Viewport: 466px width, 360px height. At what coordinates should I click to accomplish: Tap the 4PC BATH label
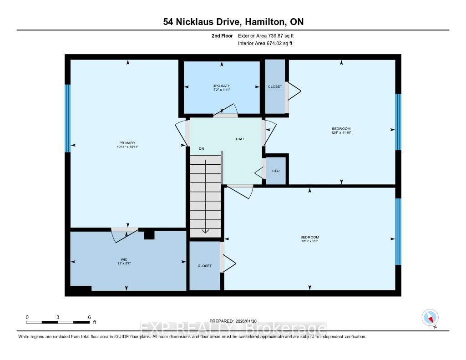tap(222, 86)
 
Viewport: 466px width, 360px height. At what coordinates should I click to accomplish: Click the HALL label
tap(240, 139)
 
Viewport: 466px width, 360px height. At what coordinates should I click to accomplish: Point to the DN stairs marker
tap(201, 148)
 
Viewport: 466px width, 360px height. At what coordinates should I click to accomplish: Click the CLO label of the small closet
tap(276, 171)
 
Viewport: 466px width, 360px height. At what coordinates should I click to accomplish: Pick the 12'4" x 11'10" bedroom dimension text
tap(341, 132)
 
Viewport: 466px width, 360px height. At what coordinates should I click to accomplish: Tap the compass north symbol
tap(430, 318)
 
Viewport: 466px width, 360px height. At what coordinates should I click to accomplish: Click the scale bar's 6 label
tap(89, 317)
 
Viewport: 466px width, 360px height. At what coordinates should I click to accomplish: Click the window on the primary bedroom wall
tap(67, 118)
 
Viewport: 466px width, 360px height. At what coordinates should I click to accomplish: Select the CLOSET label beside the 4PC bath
tap(275, 86)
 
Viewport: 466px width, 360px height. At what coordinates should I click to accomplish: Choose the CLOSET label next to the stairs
tap(205, 266)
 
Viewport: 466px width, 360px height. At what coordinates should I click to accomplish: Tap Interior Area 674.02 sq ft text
tap(265, 43)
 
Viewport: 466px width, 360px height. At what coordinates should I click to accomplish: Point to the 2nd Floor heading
tap(222, 35)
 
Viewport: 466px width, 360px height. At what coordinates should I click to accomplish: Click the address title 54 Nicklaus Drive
tap(233, 22)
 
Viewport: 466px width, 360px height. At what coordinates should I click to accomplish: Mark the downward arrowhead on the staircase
tap(205, 231)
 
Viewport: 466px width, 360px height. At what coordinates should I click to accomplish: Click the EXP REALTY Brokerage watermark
tap(233, 328)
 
